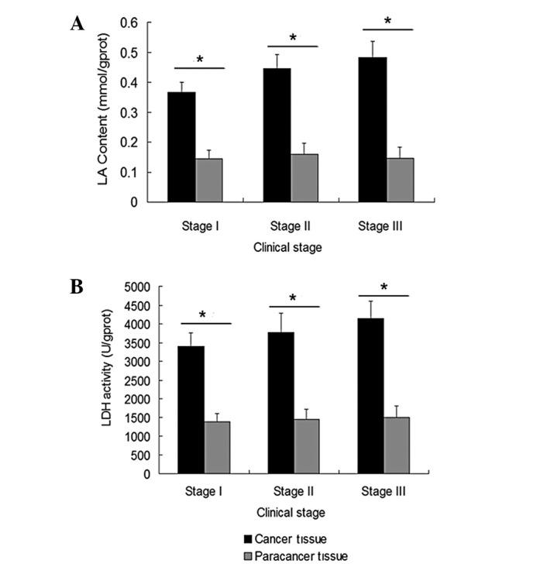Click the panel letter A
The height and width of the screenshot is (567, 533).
pyautogui.click(x=77, y=24)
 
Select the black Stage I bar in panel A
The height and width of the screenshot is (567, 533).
pyautogui.click(x=183, y=147)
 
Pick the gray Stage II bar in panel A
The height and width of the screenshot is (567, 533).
pyautogui.click(x=304, y=178)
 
